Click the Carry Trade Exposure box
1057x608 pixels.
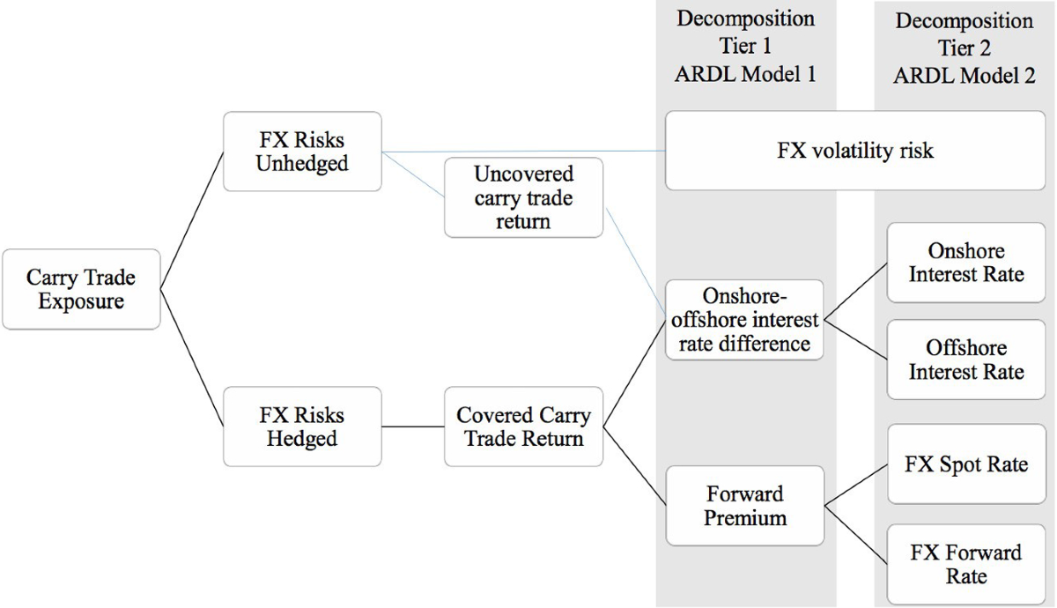(81, 290)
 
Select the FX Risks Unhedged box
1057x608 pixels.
(302, 151)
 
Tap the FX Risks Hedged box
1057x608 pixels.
(302, 426)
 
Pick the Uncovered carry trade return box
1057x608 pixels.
(523, 197)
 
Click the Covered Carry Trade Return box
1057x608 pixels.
(523, 426)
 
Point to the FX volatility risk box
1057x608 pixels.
(854, 151)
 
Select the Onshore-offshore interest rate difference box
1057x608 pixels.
(745, 320)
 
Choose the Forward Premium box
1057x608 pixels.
(745, 506)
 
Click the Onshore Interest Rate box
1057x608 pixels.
(966, 263)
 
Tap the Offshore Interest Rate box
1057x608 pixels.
(966, 360)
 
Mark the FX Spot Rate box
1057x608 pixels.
(966, 464)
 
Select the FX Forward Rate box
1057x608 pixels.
(966, 564)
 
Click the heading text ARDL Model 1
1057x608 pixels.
(745, 74)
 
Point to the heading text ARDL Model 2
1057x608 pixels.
(965, 75)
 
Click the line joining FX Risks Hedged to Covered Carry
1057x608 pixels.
(413, 427)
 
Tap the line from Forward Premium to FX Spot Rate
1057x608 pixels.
(855, 486)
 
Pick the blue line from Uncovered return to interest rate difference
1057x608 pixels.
(634, 264)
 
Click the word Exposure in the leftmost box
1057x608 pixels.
(81, 302)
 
